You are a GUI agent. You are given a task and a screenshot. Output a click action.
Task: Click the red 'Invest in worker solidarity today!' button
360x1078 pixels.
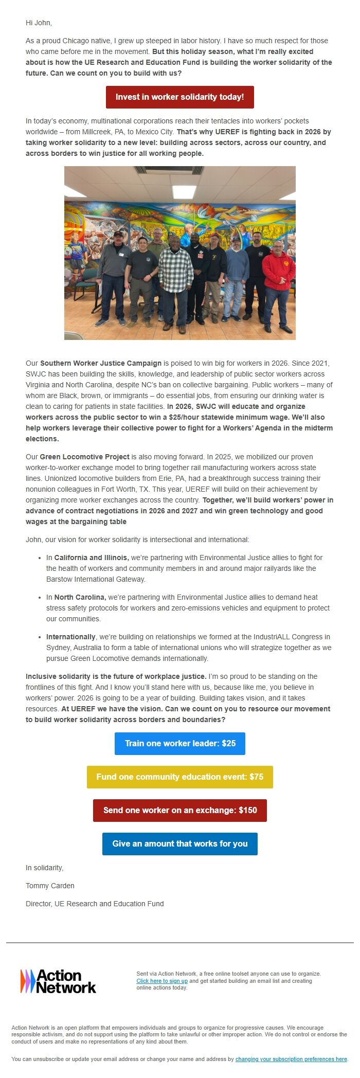[179, 97]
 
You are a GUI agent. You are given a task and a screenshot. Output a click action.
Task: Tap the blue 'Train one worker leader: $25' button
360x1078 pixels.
[179, 744]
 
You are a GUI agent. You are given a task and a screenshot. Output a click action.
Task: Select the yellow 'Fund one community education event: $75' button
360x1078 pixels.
[179, 777]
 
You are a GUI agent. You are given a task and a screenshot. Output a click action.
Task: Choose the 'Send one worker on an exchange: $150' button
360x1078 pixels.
[179, 811]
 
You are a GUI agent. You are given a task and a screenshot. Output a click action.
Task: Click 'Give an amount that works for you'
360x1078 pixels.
[179, 844]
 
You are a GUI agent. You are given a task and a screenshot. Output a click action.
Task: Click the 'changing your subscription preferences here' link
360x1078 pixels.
[291, 1059]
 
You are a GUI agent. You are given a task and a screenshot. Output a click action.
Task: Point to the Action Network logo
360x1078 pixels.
[58, 981]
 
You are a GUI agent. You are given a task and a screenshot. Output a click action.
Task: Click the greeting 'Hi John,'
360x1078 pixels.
[39, 23]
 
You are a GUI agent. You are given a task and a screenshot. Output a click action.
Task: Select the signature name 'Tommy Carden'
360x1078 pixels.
[50, 886]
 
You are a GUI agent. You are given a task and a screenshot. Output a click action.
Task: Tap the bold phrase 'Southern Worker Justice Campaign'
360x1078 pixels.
[101, 363]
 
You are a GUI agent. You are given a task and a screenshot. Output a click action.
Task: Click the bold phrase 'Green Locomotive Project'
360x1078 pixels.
[84, 457]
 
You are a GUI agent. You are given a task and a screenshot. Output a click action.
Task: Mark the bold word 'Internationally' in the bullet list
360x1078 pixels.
[71, 637]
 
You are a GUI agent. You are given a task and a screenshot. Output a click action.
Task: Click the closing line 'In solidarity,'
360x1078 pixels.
[44, 868]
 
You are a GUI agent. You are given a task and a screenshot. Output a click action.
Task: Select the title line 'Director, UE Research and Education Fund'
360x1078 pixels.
[95, 904]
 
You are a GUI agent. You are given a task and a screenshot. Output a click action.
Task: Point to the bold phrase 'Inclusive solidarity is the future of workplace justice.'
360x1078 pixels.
[116, 676]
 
